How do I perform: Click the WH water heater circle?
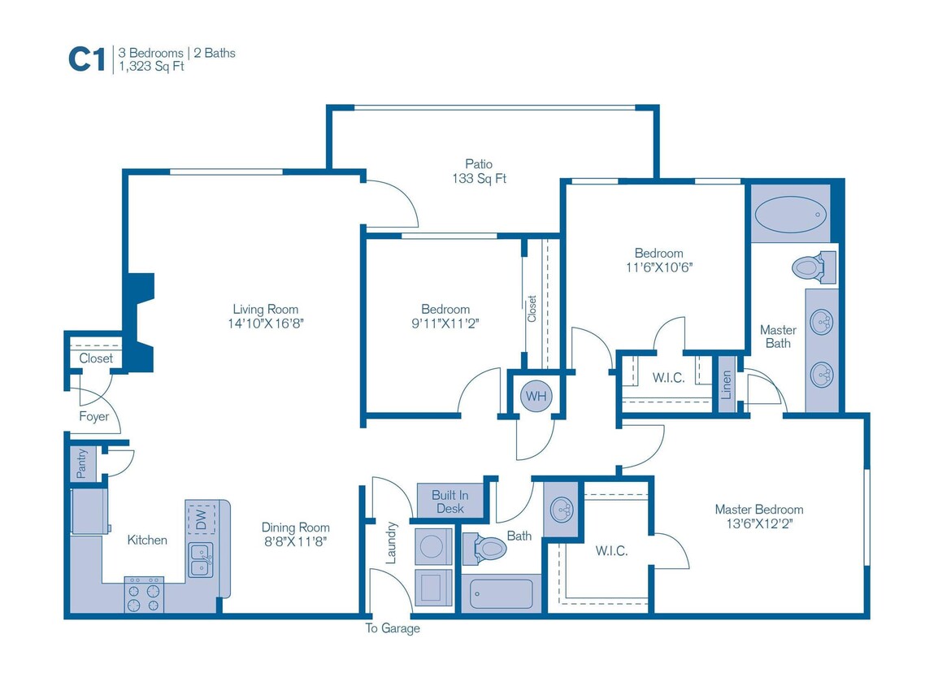point(536,396)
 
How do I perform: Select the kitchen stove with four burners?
point(144,595)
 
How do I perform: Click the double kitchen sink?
point(201,560)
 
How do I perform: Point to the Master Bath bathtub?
point(791,215)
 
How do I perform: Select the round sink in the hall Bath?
point(562,509)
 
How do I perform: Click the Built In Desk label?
point(450,502)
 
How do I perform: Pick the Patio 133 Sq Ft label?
point(479,171)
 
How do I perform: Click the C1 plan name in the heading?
point(87,59)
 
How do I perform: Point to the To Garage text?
point(393,628)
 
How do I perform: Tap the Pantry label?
point(82,463)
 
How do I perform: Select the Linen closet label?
point(726,384)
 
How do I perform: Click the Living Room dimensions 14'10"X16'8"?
point(266,323)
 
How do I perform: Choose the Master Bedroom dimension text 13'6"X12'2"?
point(759,523)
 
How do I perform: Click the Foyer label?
point(93,416)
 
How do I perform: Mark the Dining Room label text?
point(296,528)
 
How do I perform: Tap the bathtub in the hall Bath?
point(502,593)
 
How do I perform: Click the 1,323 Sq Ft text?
point(152,66)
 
